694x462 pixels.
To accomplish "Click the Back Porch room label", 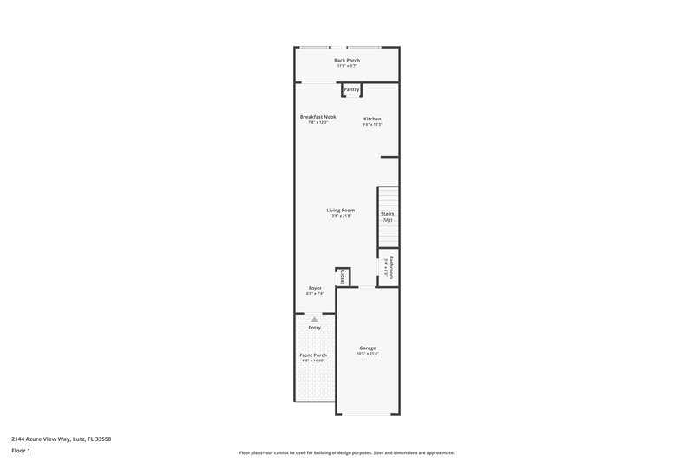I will (x=347, y=60).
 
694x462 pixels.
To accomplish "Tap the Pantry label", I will (x=351, y=89).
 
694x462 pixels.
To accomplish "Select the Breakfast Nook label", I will (x=318, y=117).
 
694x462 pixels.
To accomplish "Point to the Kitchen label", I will (x=372, y=119).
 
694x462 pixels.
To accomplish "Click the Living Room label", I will (x=340, y=210).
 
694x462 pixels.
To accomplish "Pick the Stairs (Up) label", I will (x=387, y=217).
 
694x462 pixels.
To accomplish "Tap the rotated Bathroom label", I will (x=391, y=267).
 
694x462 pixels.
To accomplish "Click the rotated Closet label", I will (x=343, y=277).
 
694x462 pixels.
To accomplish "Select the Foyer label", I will (x=315, y=288).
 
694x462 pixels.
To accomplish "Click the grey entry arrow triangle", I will (x=314, y=319).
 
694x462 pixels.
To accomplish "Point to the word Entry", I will (x=314, y=328).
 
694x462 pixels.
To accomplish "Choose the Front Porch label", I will (x=314, y=355).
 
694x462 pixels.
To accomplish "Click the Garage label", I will (x=368, y=348).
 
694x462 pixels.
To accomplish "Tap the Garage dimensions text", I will (x=368, y=354).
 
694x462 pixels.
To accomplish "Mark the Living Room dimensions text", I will (x=340, y=216).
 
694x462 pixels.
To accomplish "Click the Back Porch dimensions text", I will (x=347, y=66).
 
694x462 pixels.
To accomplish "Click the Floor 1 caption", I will (x=21, y=451).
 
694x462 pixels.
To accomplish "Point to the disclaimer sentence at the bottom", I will (x=346, y=452).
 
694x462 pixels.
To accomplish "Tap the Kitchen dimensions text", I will (x=372, y=125).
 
